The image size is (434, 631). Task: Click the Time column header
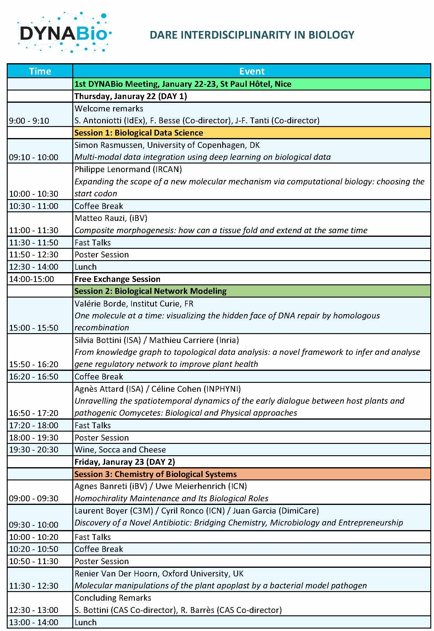40,71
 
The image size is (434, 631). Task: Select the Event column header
252,71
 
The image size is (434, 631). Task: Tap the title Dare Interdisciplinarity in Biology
252,35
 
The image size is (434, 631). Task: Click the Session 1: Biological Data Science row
139,133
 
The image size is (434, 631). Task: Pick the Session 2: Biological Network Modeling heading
150,291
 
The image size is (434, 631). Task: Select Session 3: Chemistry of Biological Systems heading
155,474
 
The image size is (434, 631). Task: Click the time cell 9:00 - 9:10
29,121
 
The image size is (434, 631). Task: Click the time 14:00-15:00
32,279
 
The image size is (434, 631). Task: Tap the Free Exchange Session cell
117,279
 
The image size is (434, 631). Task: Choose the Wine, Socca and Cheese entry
120,450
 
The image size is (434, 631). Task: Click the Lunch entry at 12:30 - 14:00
86,267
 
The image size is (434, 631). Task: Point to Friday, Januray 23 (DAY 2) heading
124,462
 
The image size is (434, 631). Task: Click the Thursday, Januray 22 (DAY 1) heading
131,96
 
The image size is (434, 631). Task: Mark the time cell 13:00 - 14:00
34,622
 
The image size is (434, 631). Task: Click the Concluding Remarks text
113,598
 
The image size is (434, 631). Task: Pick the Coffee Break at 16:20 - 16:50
99,377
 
